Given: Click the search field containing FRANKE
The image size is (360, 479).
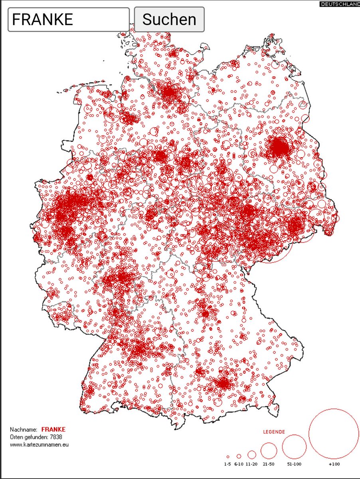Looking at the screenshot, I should click(68, 19).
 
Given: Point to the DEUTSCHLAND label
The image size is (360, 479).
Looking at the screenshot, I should click(339, 4).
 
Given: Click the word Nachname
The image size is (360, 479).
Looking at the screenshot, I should click(24, 430).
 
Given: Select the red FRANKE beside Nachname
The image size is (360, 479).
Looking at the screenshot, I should click(53, 430).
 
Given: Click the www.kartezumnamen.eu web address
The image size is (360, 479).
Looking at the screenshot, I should click(39, 444).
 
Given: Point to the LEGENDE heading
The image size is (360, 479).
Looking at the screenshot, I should click(274, 432).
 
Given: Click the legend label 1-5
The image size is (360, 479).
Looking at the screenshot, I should click(227, 464).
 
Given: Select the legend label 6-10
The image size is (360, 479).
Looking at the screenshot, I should click(239, 464).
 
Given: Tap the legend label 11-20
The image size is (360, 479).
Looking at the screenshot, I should click(252, 464).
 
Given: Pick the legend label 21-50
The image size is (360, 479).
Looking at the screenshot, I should click(269, 464).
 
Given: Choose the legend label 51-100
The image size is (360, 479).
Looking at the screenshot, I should click(294, 464).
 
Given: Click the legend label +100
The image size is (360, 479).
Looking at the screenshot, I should click(334, 464).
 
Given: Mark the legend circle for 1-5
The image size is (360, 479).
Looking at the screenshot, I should click(228, 457).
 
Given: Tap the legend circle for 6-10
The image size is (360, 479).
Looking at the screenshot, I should click(239, 456).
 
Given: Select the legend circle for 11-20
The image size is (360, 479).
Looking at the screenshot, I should click(252, 454).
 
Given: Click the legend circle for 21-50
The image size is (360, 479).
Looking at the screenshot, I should click(269, 451).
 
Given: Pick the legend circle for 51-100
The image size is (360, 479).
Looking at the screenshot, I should click(294, 447).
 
